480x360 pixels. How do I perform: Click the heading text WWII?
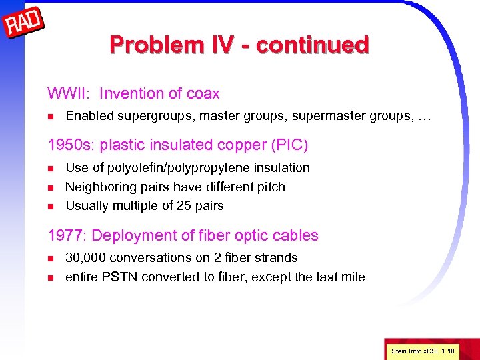69,94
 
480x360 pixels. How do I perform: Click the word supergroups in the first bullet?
152,117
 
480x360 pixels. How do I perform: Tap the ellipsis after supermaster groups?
424,117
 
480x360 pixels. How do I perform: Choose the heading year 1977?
67,235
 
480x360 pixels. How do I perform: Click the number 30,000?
86,258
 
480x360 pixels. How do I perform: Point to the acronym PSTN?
121,277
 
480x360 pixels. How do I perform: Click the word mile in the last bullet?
353,277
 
